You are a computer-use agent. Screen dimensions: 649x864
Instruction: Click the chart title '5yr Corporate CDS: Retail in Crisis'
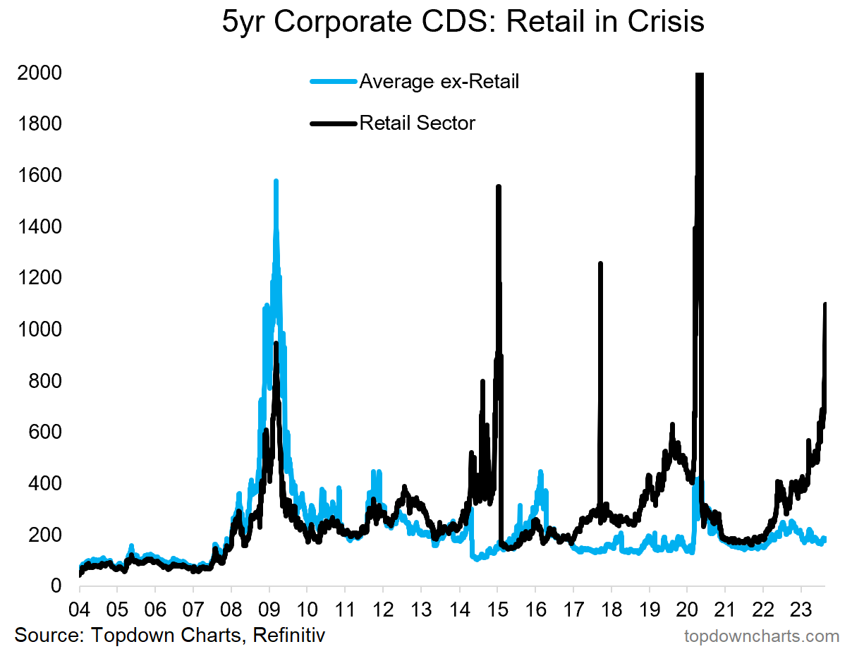(463, 22)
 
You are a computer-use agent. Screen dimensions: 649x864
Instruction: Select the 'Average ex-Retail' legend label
(439, 82)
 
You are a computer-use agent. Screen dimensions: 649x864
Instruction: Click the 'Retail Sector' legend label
(418, 123)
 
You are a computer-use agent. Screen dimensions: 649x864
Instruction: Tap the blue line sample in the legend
(333, 82)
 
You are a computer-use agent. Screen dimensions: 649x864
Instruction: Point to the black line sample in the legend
(333, 123)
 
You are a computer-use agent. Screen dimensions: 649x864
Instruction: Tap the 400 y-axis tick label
(44, 483)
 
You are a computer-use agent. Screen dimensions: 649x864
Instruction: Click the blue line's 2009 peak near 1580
(276, 181)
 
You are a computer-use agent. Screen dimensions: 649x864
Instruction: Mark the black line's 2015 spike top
(499, 187)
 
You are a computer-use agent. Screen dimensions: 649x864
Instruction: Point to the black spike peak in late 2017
(600, 264)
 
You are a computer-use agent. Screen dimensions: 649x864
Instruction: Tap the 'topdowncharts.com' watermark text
(762, 636)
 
